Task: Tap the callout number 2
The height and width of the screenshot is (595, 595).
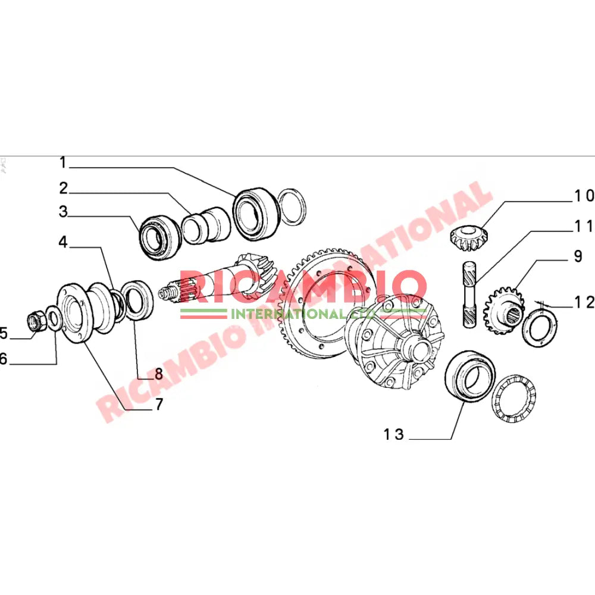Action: tap(63, 189)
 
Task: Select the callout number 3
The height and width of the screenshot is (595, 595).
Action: tap(63, 212)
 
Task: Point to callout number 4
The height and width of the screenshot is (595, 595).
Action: tap(63, 242)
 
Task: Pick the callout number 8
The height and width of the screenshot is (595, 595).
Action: tap(159, 374)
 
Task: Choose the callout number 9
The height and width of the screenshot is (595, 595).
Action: tap(577, 257)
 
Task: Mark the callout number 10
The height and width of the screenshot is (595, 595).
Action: tap(583, 195)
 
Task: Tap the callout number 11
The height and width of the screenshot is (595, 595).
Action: tap(583, 227)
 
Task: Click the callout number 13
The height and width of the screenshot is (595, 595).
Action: tap(393, 435)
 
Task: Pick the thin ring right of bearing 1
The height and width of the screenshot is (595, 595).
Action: tap(292, 208)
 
